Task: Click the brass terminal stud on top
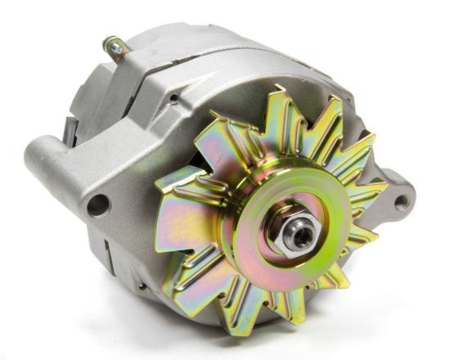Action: pos(115,49)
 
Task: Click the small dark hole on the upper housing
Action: pos(173,99)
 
